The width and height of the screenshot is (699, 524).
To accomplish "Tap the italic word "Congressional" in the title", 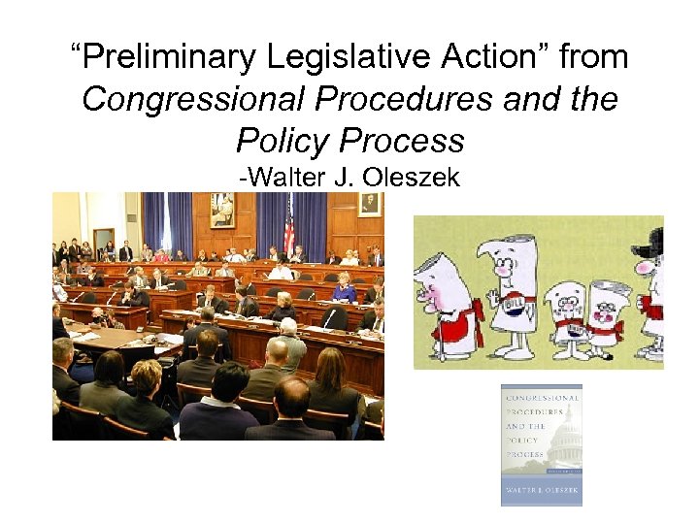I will pyautogui.click(x=184, y=100).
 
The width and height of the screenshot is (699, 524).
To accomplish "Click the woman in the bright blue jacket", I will pyautogui.click(x=344, y=288).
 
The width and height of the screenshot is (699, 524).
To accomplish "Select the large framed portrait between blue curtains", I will pyautogui.click(x=221, y=210).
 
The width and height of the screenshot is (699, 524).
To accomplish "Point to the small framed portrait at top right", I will pyautogui.click(x=369, y=205).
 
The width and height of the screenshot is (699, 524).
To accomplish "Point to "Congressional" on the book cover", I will pyautogui.click(x=541, y=399).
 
